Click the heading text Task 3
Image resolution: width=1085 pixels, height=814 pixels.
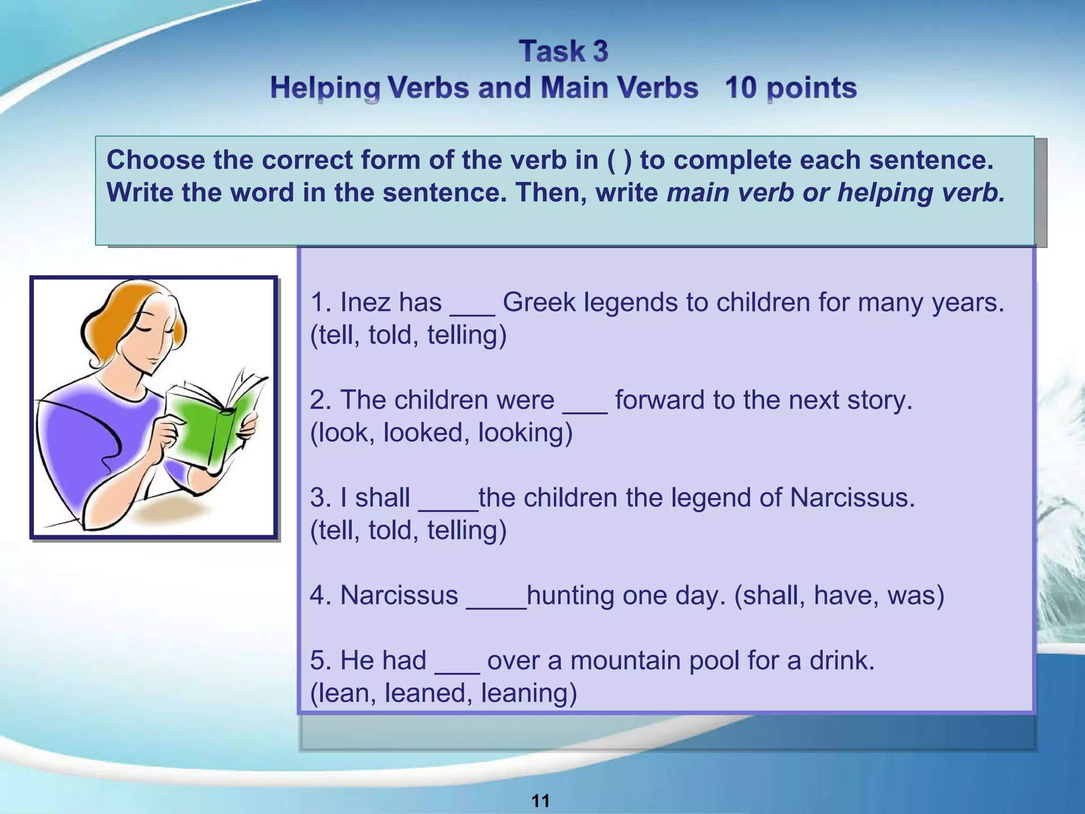click(563, 51)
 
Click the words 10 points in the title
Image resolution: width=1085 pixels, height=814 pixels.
click(790, 88)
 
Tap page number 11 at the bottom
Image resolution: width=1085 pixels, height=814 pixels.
click(540, 800)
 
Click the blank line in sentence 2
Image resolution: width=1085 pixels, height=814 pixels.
click(584, 408)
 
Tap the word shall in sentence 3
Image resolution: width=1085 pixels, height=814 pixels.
click(382, 498)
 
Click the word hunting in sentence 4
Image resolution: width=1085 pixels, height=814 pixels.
click(570, 596)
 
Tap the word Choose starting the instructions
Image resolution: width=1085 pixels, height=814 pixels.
click(155, 160)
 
